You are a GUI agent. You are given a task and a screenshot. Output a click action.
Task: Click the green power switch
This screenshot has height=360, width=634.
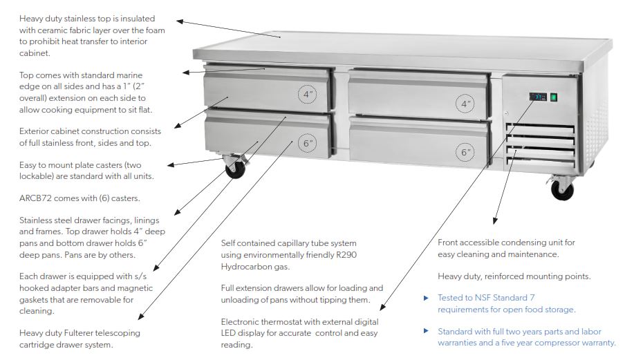(553, 97)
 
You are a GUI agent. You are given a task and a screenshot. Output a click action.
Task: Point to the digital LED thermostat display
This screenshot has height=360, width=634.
(537, 97)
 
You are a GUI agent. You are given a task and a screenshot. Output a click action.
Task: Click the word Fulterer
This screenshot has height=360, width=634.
(85, 333)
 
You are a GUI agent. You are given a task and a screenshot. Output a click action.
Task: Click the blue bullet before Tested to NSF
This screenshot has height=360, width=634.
(426, 298)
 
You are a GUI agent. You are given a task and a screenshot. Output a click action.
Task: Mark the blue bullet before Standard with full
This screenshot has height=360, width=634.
(426, 331)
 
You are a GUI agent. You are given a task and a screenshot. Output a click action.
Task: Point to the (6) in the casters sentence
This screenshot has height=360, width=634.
(103, 198)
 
